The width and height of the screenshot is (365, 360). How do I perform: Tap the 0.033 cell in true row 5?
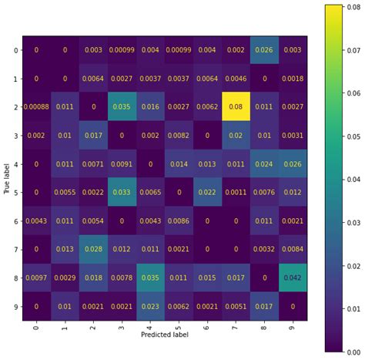(x=122, y=192)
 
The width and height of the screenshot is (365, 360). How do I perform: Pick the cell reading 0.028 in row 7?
(x=93, y=248)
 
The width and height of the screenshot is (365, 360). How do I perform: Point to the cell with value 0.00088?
(x=36, y=107)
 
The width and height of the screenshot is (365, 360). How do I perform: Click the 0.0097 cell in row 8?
(x=36, y=277)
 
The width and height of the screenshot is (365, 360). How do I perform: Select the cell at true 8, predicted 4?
(x=149, y=277)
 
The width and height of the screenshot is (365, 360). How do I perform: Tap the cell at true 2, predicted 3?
(x=122, y=107)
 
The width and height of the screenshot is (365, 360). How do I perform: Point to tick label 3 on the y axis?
(x=14, y=136)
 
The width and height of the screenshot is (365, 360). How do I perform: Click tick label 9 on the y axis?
(x=14, y=305)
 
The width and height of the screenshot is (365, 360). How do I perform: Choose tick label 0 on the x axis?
(x=36, y=328)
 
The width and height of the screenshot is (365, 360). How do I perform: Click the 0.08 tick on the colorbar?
(x=351, y=6)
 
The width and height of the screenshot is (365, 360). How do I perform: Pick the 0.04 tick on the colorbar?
(x=351, y=178)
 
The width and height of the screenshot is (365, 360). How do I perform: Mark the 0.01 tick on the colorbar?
(x=351, y=308)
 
